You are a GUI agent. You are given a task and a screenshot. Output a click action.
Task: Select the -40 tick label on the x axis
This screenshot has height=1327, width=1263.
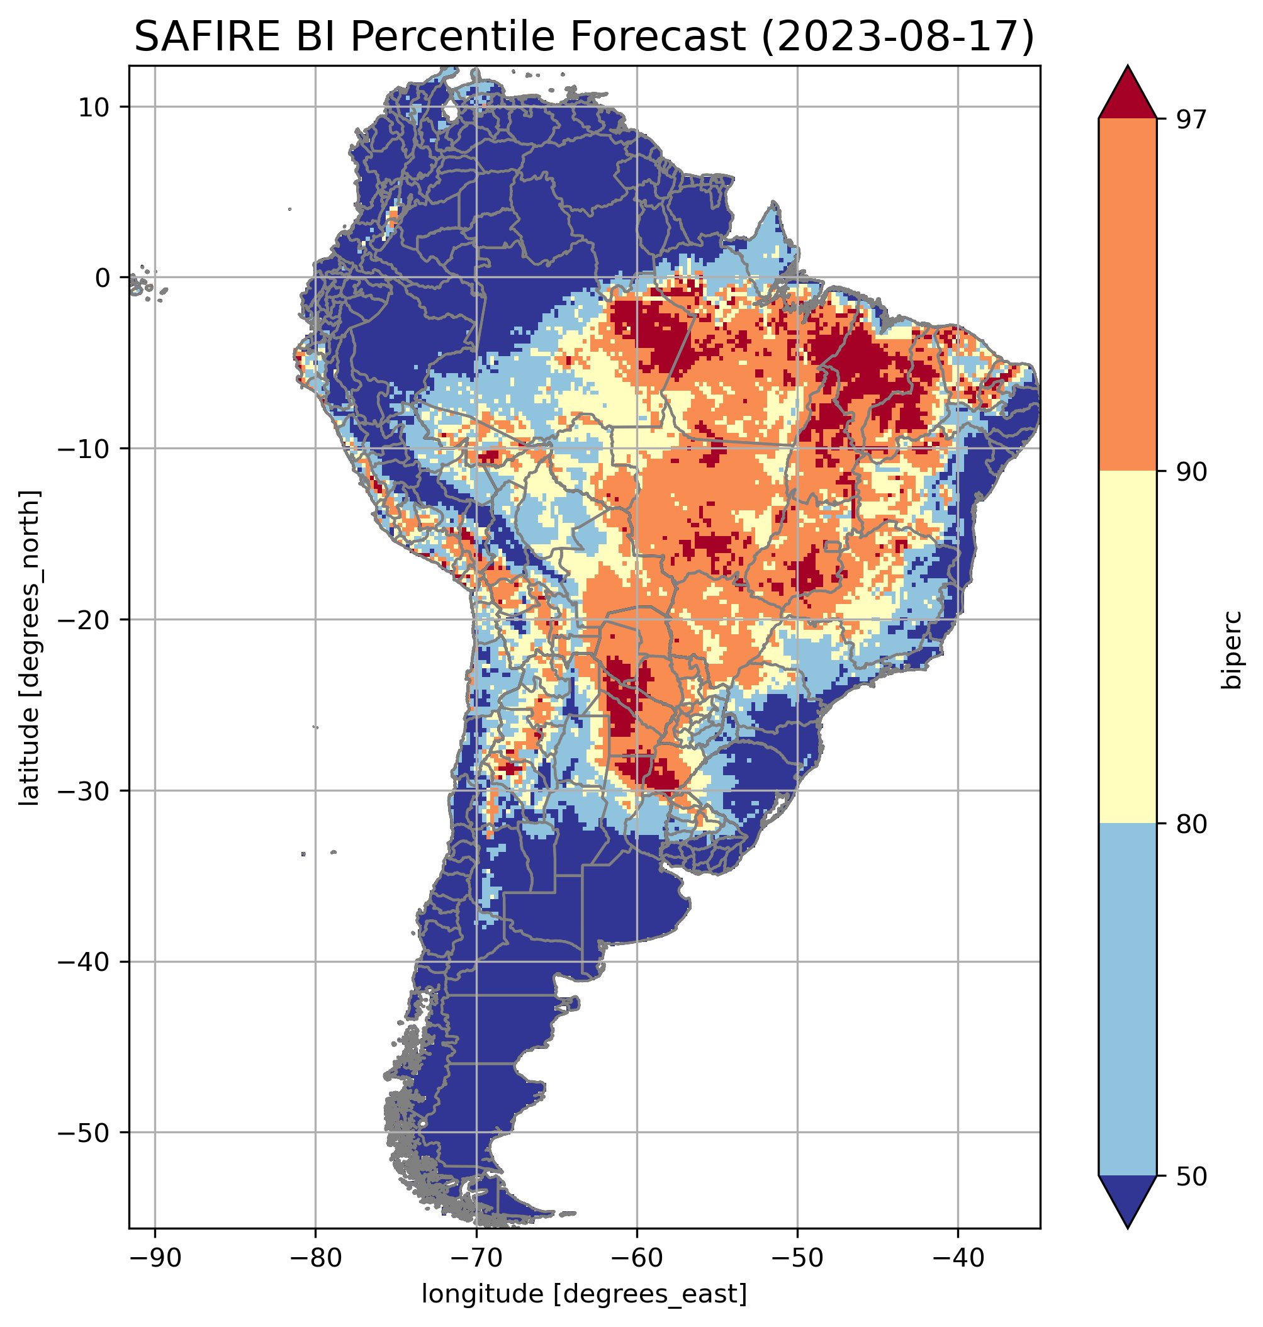957,1257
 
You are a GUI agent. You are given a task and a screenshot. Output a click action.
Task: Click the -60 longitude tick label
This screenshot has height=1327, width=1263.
636,1257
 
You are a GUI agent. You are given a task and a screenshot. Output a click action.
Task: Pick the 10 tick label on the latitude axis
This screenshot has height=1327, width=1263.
94,107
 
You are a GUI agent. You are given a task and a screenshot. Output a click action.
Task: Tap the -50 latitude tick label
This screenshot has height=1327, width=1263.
85,1133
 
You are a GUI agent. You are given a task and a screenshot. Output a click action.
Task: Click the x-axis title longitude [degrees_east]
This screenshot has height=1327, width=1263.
584,1294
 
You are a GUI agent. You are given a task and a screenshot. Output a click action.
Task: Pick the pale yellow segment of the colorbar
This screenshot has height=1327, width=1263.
1127,646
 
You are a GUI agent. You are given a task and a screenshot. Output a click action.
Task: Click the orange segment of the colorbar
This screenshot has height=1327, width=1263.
1127,294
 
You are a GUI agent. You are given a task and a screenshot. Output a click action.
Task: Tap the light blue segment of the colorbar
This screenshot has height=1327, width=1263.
1127,999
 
